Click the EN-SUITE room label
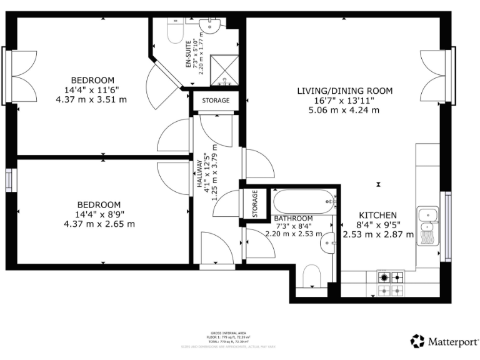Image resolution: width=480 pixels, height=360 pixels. (188, 48)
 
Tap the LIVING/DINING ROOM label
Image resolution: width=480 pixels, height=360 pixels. (344, 91)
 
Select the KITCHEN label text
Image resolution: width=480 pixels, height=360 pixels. (377, 215)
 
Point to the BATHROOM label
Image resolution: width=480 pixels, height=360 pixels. (294, 218)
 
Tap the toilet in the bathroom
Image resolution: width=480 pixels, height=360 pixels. (311, 276)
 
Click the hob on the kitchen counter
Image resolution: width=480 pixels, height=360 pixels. (390, 284)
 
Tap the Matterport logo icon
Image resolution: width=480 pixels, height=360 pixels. (417, 341)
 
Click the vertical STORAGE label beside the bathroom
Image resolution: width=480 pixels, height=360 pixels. (255, 204)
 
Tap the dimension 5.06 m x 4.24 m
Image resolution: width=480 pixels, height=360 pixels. (344, 111)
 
